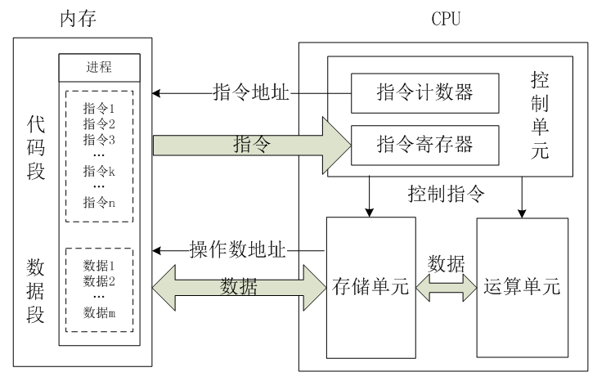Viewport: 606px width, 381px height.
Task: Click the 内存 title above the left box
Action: coord(79,16)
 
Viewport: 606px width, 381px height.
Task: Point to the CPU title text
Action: coord(448,16)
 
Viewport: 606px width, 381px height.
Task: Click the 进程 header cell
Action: coord(99,66)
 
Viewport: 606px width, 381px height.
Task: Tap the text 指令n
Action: coord(99,203)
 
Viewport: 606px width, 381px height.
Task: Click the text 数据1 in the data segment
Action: coord(100,267)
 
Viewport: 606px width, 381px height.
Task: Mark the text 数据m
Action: coord(100,312)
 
